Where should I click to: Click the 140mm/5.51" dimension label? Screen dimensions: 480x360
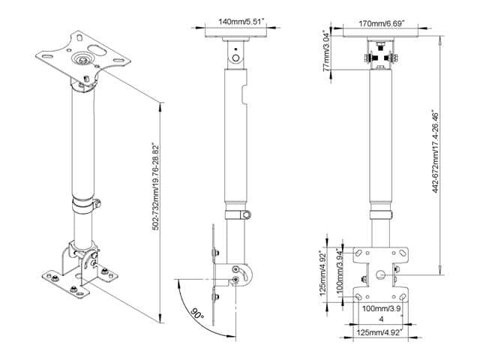(241, 22)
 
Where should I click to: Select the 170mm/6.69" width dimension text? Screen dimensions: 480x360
(382, 23)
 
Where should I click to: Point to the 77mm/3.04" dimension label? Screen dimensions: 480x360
(327, 51)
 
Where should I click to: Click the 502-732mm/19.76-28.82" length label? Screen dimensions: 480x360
(156, 187)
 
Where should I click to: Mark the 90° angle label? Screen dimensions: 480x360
(197, 313)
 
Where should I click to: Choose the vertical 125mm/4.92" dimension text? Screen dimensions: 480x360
(323, 273)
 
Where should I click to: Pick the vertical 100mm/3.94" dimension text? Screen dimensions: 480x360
(340, 270)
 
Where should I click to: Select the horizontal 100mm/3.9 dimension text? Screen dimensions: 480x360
(382, 308)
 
